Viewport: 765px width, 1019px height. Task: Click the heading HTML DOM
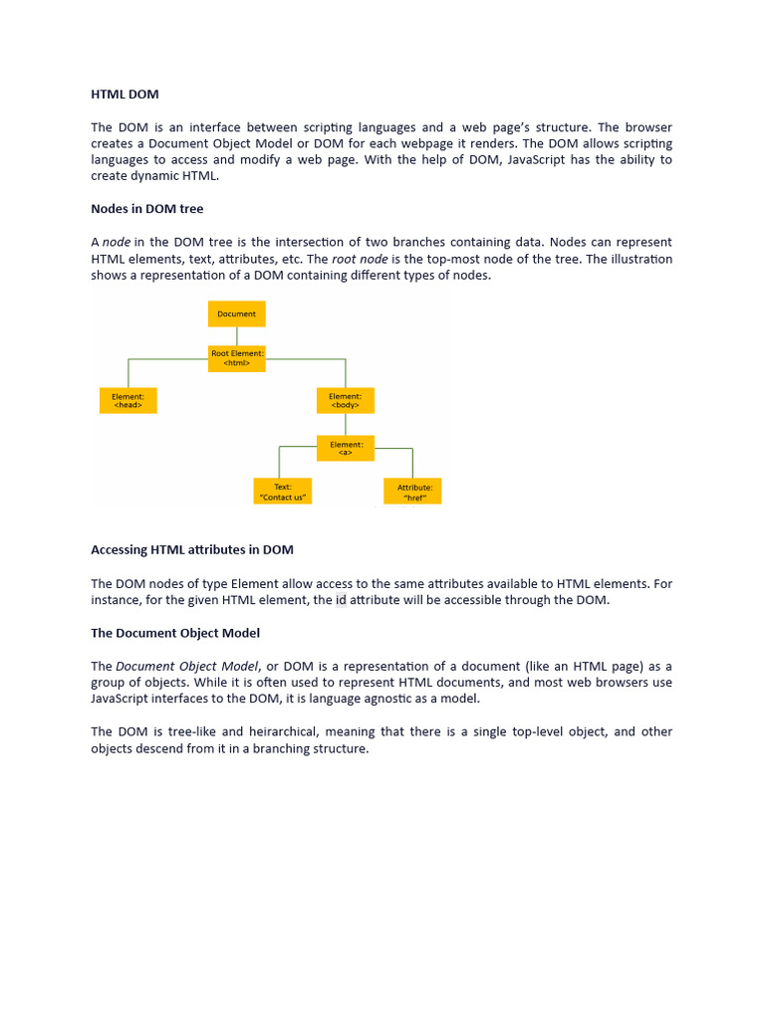coord(125,95)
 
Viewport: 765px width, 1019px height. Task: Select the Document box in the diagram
coord(237,313)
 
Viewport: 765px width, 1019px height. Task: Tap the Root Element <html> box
coord(237,358)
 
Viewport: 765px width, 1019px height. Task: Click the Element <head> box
coord(128,401)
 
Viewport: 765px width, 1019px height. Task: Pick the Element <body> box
coord(346,401)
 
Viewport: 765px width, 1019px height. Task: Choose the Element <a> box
coord(346,448)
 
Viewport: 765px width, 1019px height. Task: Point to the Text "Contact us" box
coord(283,492)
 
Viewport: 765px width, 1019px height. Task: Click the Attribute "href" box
coord(413,492)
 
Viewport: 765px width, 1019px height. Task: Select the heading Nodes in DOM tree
coord(146,208)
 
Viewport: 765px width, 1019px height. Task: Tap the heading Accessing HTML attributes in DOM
coord(192,549)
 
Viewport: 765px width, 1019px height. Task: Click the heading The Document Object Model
coord(175,633)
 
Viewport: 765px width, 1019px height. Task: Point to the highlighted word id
coord(341,600)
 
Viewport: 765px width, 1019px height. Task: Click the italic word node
coord(117,243)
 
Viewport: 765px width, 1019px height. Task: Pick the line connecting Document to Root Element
coord(237,335)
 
